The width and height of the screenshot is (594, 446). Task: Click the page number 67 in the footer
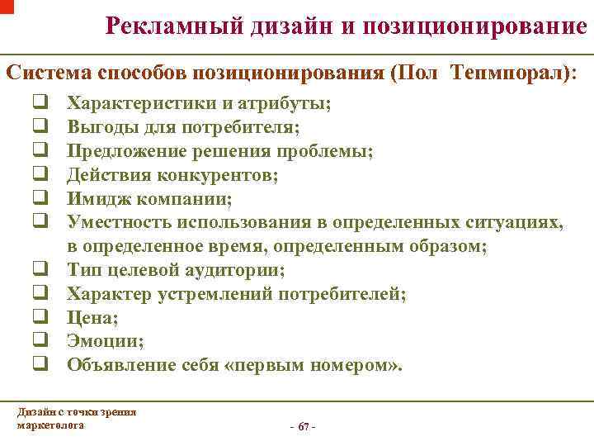point(303,426)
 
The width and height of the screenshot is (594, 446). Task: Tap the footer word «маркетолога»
point(49,425)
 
